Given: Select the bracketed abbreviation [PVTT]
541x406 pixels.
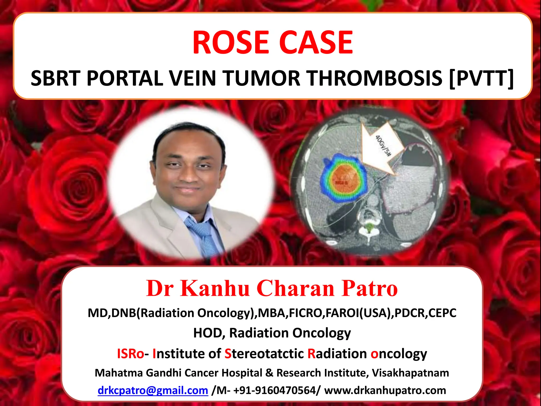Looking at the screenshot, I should point(481,78).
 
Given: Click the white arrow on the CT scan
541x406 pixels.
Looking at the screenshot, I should point(380,151).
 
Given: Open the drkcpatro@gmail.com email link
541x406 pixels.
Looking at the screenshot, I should point(153,390).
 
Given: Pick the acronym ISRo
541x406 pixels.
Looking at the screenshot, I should point(130,354).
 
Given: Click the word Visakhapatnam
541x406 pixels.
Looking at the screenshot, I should point(411,373).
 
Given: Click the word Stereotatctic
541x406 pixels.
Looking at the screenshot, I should point(264,354).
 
